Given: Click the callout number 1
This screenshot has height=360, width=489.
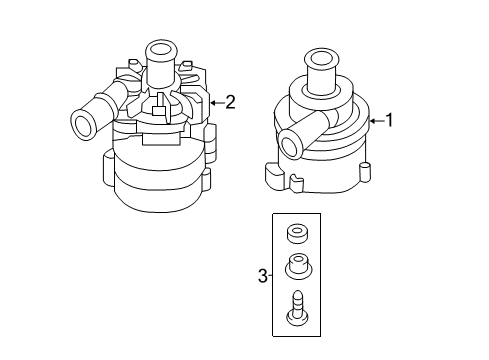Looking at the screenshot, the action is coord(389,120).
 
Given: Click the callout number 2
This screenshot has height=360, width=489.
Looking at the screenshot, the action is coord(230,102).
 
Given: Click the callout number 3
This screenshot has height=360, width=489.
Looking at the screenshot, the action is coord(263,276).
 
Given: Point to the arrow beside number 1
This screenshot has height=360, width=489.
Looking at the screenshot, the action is coord(377,121).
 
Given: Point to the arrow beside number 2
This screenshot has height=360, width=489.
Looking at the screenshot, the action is coord(217,103).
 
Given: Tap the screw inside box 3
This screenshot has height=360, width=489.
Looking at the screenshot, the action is coord(298,308).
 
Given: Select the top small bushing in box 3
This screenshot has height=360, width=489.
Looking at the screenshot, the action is coord(297,233).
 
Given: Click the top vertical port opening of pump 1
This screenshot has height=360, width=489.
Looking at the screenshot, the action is coord(321,58).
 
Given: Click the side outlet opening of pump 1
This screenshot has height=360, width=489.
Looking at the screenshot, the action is coord(290,144).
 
